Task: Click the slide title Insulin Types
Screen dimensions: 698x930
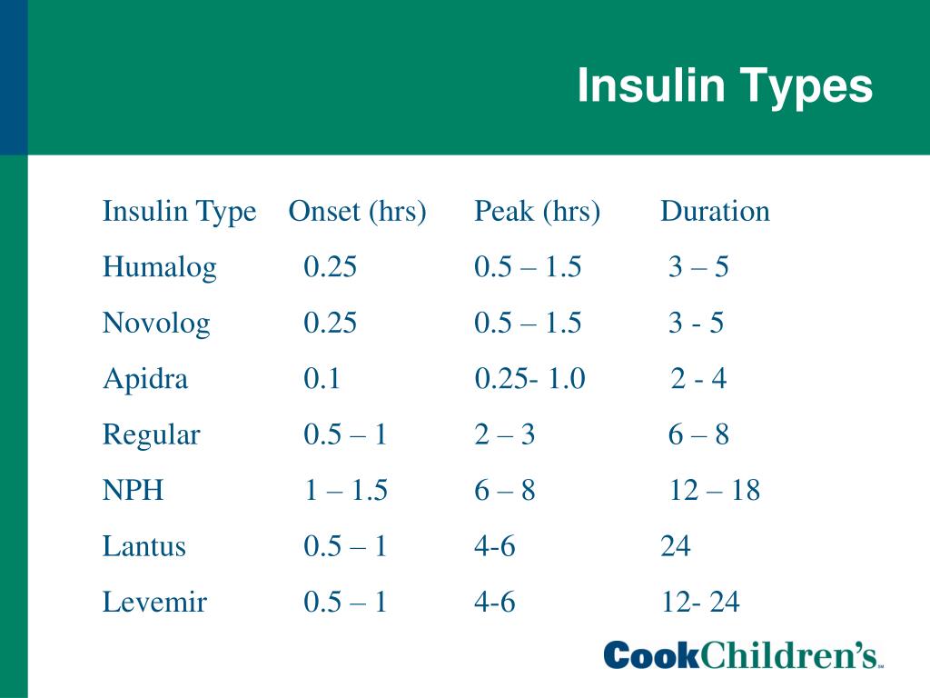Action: click(725, 86)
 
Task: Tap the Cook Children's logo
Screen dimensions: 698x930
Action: click(744, 654)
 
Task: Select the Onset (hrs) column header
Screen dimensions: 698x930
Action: click(357, 212)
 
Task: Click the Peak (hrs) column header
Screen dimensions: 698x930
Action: click(537, 212)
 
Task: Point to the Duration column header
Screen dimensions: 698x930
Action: click(715, 212)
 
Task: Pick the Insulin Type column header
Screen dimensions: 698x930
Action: click(179, 212)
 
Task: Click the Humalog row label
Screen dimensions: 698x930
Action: click(160, 268)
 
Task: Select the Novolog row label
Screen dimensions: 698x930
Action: click(156, 324)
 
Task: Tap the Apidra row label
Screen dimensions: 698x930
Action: click(145, 379)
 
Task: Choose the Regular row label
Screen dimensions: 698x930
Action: click(151, 435)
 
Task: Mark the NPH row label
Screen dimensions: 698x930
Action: click(134, 491)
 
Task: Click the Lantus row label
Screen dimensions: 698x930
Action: click(144, 546)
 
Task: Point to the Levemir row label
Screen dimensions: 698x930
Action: click(154, 602)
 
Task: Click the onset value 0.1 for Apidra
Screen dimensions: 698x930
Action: click(322, 379)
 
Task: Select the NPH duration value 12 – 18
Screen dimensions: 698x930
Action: click(715, 491)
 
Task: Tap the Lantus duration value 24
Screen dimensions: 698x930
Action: click(676, 546)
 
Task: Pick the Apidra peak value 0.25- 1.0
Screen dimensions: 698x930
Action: click(529, 379)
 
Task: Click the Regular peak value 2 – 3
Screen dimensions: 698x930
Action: click(504, 435)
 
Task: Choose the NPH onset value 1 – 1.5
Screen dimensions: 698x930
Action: click(345, 491)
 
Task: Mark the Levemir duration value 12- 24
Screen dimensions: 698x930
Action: click(701, 602)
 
